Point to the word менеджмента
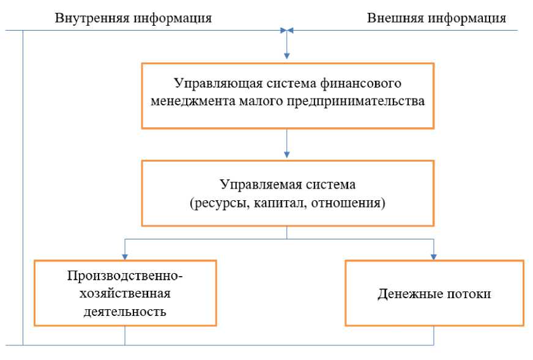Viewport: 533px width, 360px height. coord(188,101)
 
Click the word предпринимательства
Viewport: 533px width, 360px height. coord(355,101)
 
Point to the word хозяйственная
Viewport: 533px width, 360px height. coord(125,293)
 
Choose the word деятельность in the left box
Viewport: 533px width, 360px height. coord(125,311)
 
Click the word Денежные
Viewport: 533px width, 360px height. coord(409,293)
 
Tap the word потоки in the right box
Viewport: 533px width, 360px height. coord(469,293)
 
